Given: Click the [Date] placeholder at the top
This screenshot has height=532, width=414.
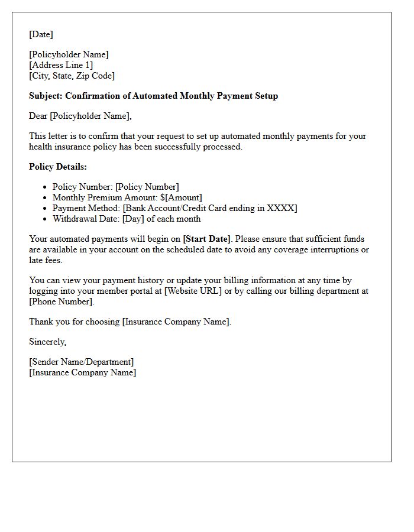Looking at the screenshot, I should coord(41,34).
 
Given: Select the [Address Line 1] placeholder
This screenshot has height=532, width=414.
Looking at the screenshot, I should coord(61,65).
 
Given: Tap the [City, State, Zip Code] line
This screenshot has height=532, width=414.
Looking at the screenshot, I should coord(72,76).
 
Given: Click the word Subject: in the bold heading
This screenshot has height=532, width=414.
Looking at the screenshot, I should coord(46,96).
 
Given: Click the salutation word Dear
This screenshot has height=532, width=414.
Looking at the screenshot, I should coord(38,116).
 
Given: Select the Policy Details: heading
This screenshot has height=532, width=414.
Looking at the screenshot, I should coord(58,167).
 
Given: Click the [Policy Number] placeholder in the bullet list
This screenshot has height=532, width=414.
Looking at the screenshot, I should coord(147,187).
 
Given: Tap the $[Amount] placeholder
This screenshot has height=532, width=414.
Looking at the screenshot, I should coord(181,197).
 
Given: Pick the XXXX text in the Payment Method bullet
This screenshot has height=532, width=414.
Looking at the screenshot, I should coord(282,208).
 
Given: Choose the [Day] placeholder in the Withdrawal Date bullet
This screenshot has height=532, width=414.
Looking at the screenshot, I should coord(133,219).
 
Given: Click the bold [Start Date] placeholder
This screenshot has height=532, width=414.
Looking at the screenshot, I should coord(206,239).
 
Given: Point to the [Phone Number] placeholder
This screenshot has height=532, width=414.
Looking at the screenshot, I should coord(62,301).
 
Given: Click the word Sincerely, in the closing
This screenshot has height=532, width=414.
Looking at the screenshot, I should coord(48,342).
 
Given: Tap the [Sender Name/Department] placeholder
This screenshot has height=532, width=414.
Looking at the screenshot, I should coord(82,362).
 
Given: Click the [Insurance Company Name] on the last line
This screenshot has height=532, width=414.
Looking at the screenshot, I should coord(82,372).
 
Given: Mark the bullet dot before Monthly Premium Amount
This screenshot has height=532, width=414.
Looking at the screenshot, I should coord(45,198).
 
